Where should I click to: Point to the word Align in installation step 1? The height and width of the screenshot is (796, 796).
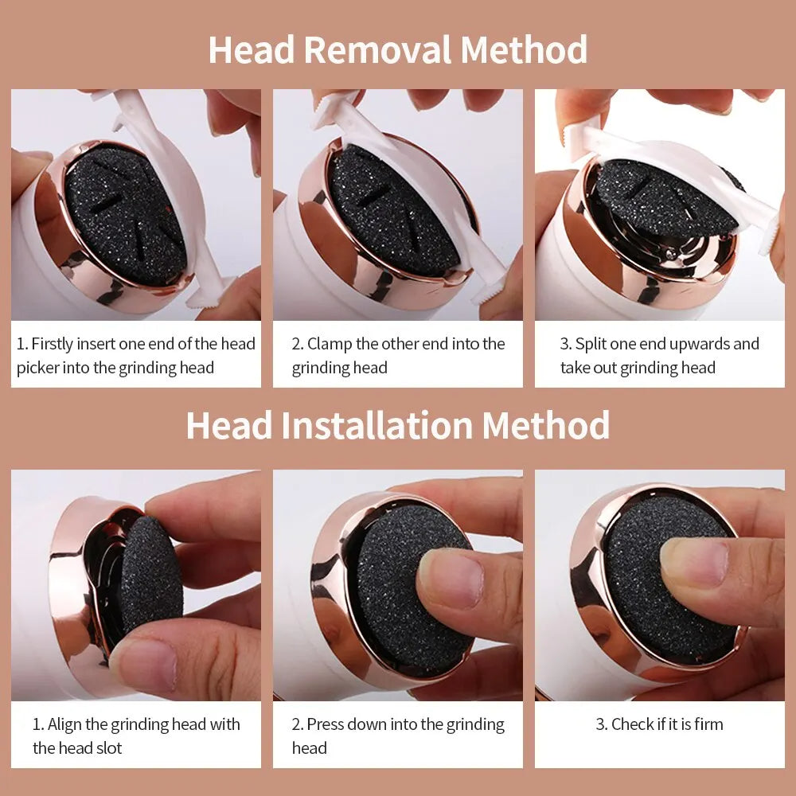pos(64,724)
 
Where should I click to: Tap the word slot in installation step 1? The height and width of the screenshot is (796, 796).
pos(107,748)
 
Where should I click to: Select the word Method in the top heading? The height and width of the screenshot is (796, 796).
pos(524,49)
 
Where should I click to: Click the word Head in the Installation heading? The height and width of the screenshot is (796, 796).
pos(229,425)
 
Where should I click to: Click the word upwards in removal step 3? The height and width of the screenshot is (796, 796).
pos(700,344)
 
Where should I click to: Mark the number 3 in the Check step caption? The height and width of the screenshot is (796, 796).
pos(601,724)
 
